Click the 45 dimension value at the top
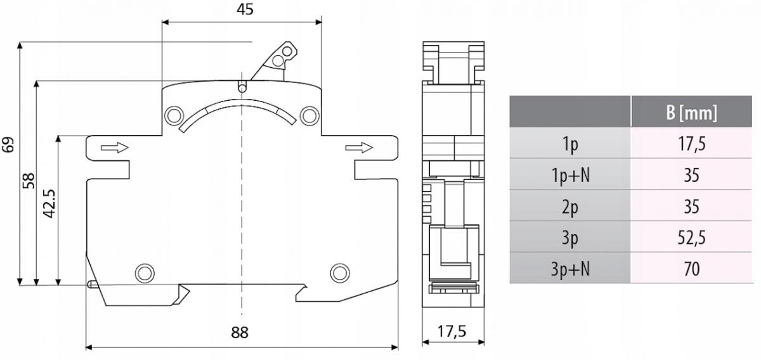tap(245, 9)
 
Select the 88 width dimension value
tap(240, 333)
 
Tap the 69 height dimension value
tap(8, 145)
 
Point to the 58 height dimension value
tap(29, 181)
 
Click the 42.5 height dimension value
tap(49, 203)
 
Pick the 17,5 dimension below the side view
tap(452, 331)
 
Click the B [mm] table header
tap(692, 112)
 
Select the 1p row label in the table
tap(570, 144)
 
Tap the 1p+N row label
tap(570, 175)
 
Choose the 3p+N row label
tap(570, 269)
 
